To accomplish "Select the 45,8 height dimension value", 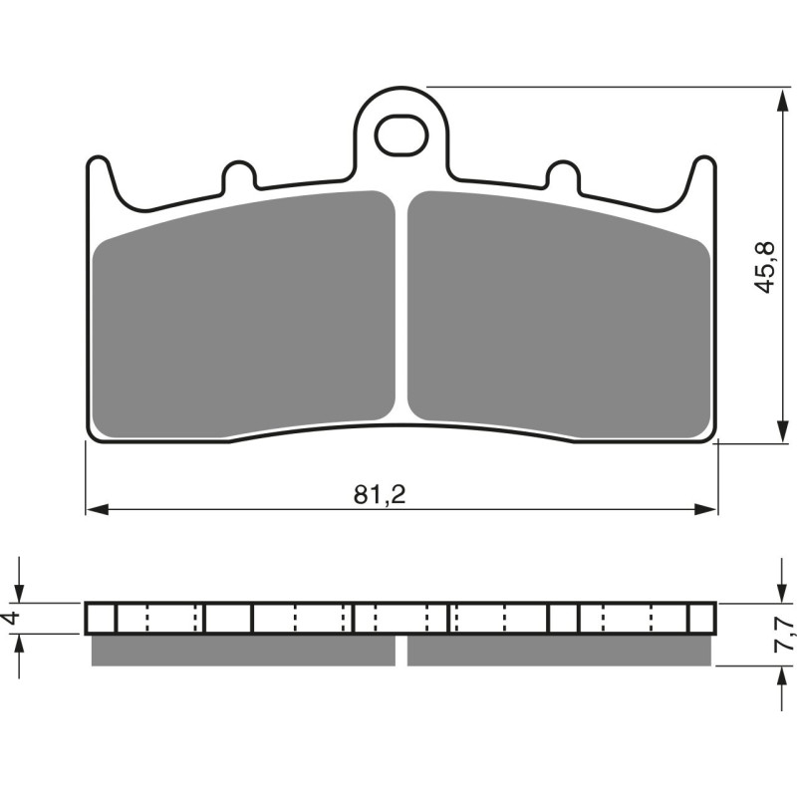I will (x=763, y=266).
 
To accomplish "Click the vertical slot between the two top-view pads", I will (x=401, y=309).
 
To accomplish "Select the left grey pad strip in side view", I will (x=243, y=651).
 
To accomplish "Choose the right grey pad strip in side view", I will (x=559, y=651).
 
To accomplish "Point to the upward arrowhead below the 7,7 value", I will (x=779, y=674).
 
